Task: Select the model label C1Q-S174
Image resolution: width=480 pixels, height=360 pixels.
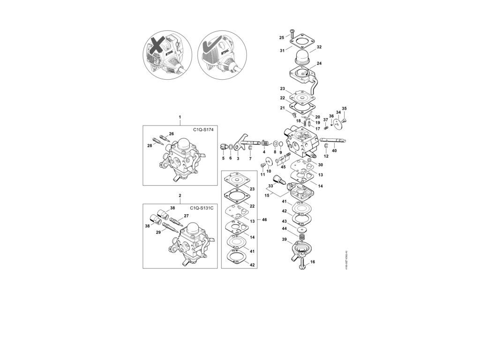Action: (203, 129)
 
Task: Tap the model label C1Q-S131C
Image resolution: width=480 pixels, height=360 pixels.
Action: (202, 208)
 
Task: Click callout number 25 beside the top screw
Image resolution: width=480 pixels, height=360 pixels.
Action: (282, 37)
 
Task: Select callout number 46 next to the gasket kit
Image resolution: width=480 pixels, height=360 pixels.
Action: (264, 219)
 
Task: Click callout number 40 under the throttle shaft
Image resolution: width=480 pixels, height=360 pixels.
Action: (334, 151)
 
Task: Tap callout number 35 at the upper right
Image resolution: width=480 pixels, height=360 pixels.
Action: (344, 109)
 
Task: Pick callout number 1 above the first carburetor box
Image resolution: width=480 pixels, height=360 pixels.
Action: (180, 116)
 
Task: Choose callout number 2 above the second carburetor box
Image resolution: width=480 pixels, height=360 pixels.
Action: (180, 195)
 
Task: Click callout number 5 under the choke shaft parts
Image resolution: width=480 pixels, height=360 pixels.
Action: (223, 158)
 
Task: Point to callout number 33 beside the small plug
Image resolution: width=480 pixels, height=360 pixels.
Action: (270, 186)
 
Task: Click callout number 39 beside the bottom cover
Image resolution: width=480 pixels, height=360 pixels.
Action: (284, 240)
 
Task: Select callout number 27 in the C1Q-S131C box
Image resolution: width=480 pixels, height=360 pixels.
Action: (186, 216)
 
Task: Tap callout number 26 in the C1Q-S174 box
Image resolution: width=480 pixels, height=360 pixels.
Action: (171, 134)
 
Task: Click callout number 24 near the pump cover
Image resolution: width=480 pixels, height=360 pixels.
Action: (319, 63)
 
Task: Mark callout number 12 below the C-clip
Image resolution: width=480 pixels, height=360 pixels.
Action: (326, 156)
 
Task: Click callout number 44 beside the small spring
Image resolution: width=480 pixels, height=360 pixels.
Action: (284, 228)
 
